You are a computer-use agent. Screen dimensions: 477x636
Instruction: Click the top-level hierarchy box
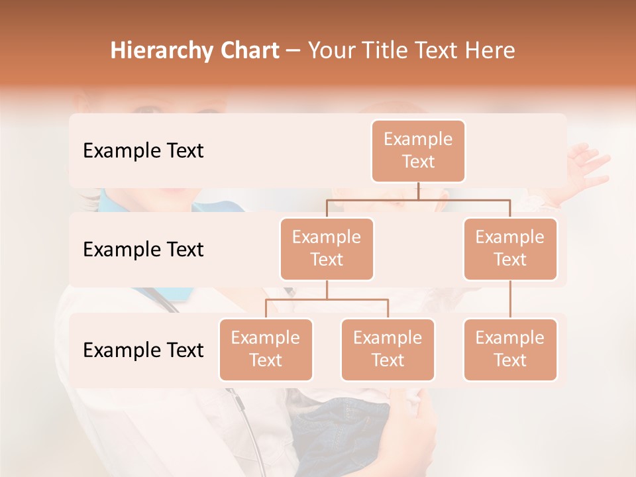click(x=418, y=150)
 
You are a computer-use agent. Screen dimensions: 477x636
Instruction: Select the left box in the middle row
click(x=327, y=248)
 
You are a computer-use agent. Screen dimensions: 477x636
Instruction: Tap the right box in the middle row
click(x=510, y=248)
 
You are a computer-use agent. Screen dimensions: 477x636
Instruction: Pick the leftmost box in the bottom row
click(x=266, y=349)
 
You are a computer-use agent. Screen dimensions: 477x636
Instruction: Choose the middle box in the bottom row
click(x=388, y=349)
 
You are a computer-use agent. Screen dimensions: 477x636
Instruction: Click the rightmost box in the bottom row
click(x=510, y=349)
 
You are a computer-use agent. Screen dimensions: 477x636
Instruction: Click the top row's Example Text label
click(x=143, y=151)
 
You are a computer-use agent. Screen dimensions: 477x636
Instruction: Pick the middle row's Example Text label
click(x=143, y=250)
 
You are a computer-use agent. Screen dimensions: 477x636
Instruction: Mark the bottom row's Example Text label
click(x=143, y=350)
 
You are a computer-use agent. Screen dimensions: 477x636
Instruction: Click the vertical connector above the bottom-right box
click(x=510, y=299)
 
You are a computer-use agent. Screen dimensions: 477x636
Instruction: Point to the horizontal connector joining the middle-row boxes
click(x=418, y=199)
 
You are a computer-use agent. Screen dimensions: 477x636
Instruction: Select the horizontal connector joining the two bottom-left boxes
click(x=327, y=299)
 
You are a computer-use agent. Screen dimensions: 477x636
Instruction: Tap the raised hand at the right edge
click(x=586, y=166)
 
